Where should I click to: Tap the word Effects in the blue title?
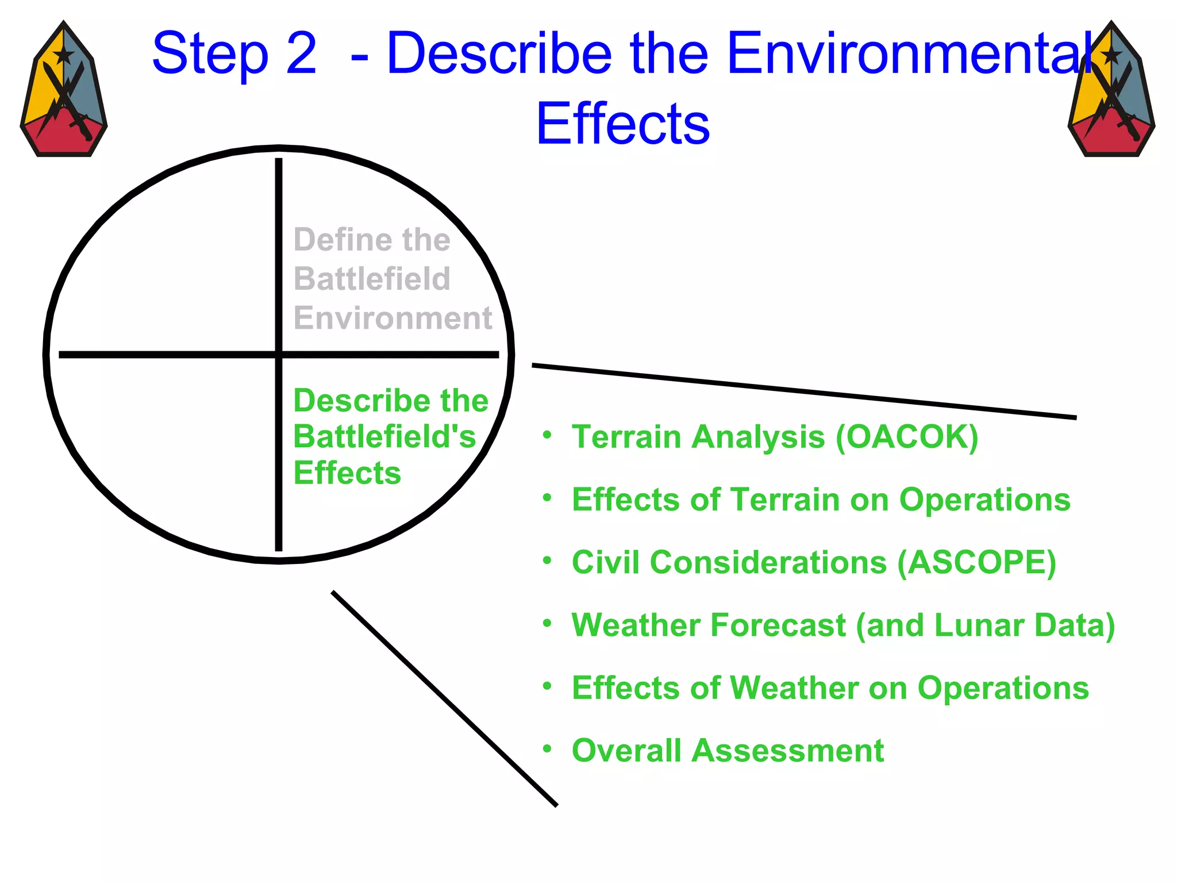622,124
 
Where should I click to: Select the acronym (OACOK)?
906,437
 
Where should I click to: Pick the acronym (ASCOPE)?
976,562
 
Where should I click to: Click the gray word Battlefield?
372,279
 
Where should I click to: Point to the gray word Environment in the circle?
393,318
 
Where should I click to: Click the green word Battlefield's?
384,437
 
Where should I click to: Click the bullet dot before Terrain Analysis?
547,435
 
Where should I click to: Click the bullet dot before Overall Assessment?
547,748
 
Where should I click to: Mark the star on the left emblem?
63,56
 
